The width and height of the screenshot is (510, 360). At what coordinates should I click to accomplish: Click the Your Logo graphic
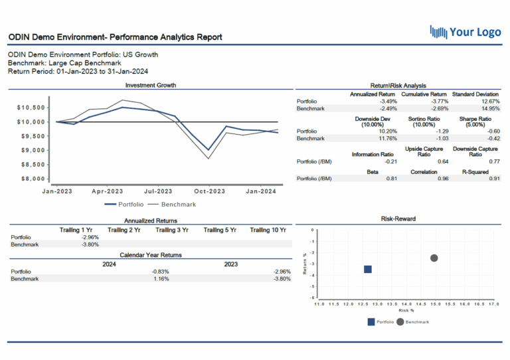(464, 31)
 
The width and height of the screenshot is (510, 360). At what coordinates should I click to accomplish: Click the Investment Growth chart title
(151, 85)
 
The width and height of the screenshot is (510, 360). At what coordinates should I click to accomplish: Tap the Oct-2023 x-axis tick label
(209, 191)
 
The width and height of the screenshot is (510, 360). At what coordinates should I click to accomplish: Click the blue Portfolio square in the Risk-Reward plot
(367, 269)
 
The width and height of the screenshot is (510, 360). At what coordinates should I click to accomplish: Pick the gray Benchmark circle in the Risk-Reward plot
(434, 258)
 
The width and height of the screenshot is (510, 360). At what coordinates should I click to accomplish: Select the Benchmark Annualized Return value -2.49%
(387, 108)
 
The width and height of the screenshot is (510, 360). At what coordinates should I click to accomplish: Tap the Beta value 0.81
(391, 179)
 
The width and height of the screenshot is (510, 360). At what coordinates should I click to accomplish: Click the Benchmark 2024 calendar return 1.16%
(160, 279)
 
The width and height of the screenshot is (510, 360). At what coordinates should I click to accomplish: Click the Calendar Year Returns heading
(151, 255)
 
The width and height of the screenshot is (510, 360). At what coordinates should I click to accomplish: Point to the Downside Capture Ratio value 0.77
(493, 161)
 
